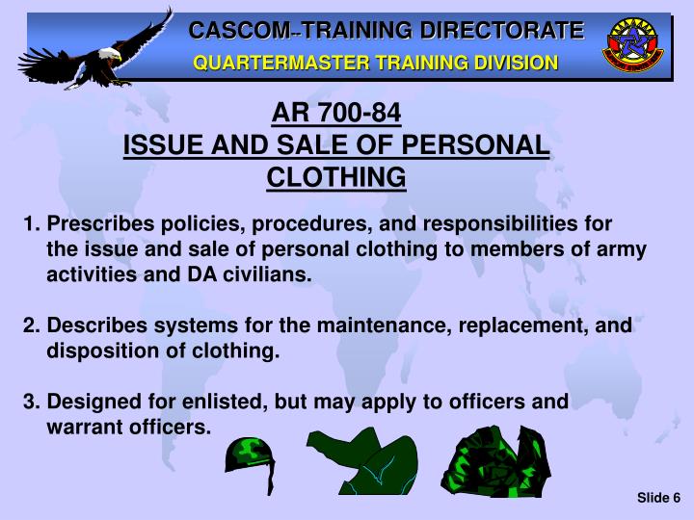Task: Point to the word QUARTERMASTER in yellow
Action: click(274, 63)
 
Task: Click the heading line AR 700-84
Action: click(336, 116)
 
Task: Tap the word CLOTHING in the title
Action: click(336, 177)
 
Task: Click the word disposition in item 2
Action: click(100, 351)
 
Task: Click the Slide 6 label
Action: click(658, 497)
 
